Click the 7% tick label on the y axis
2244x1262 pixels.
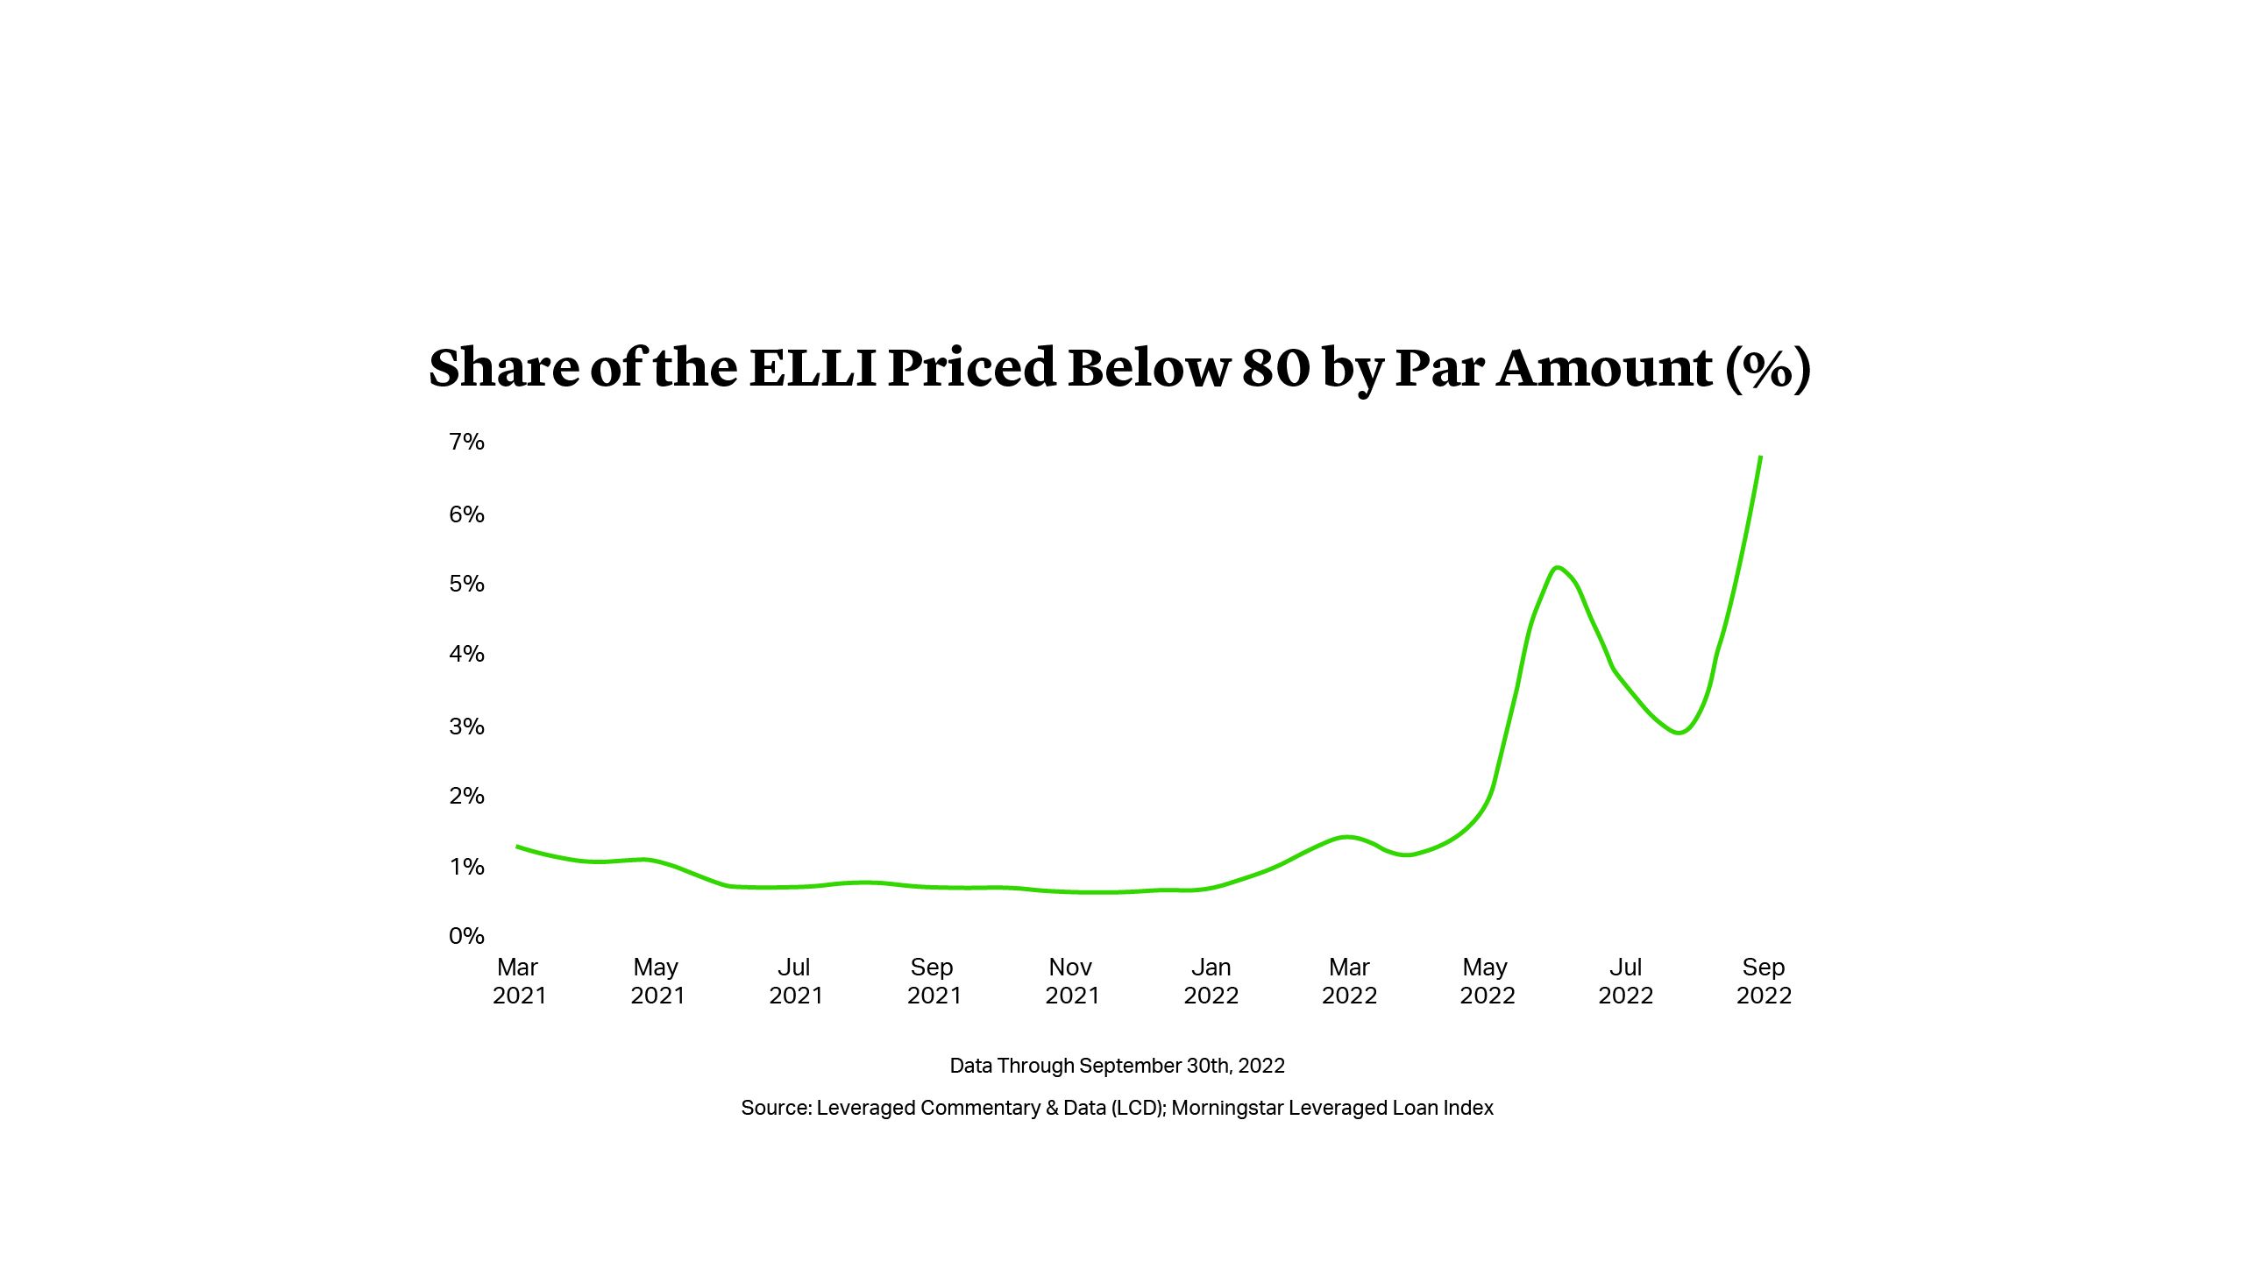466,442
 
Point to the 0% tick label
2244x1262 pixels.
466,936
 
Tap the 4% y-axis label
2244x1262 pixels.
466,654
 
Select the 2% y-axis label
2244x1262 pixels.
466,796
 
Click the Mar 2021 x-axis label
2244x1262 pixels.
518,981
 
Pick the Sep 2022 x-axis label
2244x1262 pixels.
1764,981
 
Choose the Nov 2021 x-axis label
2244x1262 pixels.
1071,981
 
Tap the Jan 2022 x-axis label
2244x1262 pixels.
1211,981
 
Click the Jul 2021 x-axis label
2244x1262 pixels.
795,981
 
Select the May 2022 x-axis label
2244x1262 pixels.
1487,981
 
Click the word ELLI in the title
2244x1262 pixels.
813,367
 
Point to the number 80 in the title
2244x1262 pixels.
1275,367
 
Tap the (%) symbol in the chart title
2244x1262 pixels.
1767,367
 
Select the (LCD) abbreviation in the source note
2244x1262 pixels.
1138,1108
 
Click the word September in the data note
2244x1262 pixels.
1130,1066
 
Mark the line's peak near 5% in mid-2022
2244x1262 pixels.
1558,568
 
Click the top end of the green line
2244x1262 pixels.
1760,457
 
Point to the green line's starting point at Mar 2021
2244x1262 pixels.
517,847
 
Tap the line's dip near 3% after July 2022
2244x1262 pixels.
1679,733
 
